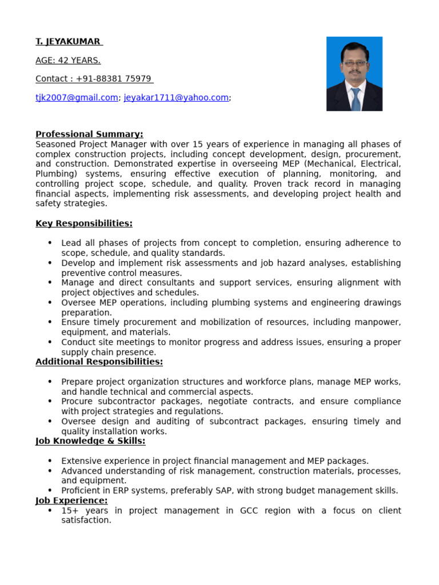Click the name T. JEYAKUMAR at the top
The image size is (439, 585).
[68, 42]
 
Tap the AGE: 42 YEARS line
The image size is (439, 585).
[68, 61]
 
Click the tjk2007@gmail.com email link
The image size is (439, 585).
[77, 98]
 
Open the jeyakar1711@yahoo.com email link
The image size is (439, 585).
[176, 98]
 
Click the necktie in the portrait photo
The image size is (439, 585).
[355, 97]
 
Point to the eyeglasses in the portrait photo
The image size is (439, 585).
[354, 63]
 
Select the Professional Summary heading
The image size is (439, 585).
[89, 134]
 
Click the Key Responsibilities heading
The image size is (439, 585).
[84, 223]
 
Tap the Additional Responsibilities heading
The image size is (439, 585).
[99, 362]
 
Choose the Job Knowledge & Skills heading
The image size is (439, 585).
[90, 441]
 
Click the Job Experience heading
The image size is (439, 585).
[71, 500]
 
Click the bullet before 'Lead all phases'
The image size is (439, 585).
[50, 243]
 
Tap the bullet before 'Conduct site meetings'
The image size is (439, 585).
[50, 342]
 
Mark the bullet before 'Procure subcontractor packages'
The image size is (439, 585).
[50, 401]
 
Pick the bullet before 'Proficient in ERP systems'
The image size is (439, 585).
[50, 490]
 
